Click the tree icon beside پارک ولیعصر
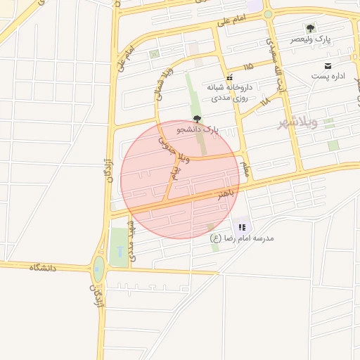310,29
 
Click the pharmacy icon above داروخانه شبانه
229,77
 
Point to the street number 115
247,67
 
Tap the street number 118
264,103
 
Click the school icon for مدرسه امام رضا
242,227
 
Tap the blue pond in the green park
119,250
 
